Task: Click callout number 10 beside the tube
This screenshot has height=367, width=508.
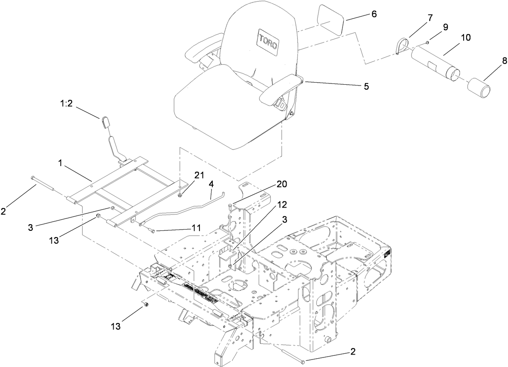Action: (465, 37)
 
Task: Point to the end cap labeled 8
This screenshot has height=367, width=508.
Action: (479, 89)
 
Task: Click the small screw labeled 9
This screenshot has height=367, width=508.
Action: (427, 43)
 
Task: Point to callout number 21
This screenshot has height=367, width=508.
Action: (199, 175)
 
